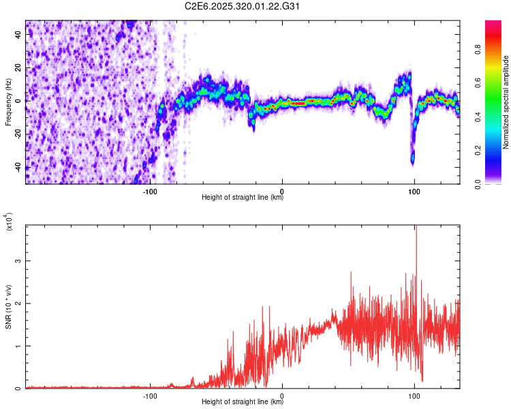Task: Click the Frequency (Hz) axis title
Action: [x=8, y=102]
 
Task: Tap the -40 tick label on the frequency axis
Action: [x=19, y=167]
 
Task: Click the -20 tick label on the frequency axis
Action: [x=19, y=134]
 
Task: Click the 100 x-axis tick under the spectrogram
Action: [x=414, y=190]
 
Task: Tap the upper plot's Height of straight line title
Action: [x=243, y=198]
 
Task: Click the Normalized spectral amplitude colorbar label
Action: [x=506, y=102]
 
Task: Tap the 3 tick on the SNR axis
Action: [x=19, y=261]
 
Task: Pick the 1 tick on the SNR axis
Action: [x=19, y=346]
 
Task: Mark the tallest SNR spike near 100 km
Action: [x=416, y=229]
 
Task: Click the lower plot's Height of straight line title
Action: [x=243, y=403]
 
